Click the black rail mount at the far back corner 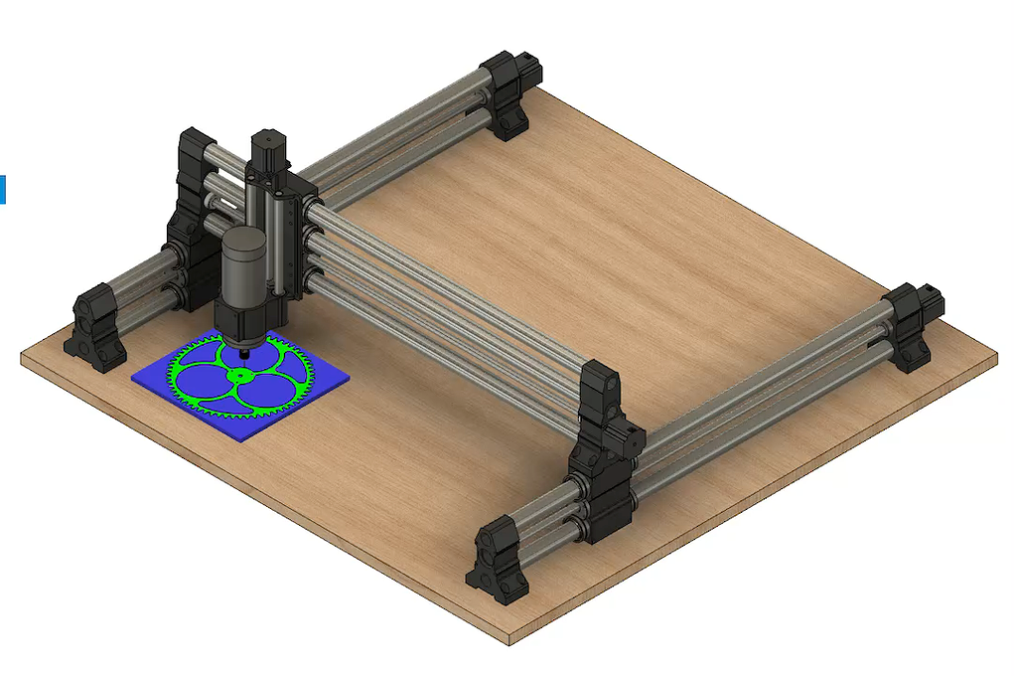(510, 95)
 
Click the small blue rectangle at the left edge (3, 189)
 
